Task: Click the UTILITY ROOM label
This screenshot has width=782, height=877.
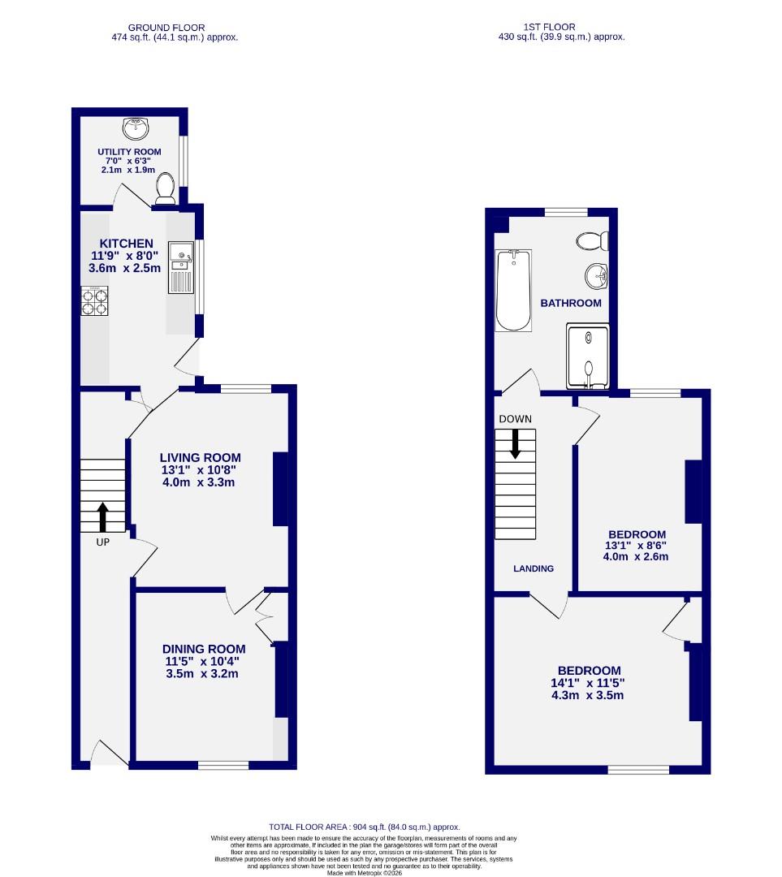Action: point(129,152)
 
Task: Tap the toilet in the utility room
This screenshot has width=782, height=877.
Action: point(166,187)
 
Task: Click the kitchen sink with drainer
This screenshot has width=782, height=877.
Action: point(180,267)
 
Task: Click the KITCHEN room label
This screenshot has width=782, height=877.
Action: point(126,244)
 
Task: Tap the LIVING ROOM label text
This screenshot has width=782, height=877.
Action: point(200,458)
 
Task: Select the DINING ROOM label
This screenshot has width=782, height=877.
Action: point(204,649)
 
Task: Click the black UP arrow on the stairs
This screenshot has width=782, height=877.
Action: point(103,516)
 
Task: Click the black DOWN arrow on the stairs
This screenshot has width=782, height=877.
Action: point(515,443)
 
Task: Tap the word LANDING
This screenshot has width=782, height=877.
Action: point(533,568)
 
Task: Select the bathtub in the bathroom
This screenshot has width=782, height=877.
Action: point(513,290)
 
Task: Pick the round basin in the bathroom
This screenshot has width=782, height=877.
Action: point(598,275)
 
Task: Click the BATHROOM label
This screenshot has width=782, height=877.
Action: point(571,303)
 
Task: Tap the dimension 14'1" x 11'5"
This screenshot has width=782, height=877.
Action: point(589,683)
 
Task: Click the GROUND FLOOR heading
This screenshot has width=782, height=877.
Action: point(166,28)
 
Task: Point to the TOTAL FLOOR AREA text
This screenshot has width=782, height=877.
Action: point(364,827)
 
